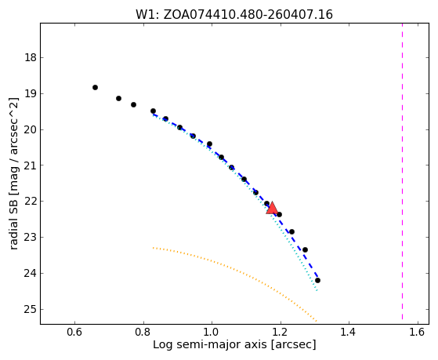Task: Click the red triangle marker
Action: [272, 208]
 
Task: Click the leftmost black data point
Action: [95, 88]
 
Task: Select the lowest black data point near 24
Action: [317, 280]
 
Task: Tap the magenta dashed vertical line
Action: [402, 172]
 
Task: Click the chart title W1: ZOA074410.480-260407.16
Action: [234, 15]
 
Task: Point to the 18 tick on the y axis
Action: [31, 58]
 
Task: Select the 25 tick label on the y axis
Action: [31, 309]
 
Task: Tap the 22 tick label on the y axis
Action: [31, 202]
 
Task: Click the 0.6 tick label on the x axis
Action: [74, 332]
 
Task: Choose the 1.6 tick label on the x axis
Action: [418, 332]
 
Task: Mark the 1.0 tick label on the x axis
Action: [212, 332]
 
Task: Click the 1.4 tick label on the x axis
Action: [349, 332]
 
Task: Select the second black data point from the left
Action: [119, 99]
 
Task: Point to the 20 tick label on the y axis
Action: [31, 129]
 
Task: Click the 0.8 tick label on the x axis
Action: [143, 332]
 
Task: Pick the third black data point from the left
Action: [133, 104]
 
